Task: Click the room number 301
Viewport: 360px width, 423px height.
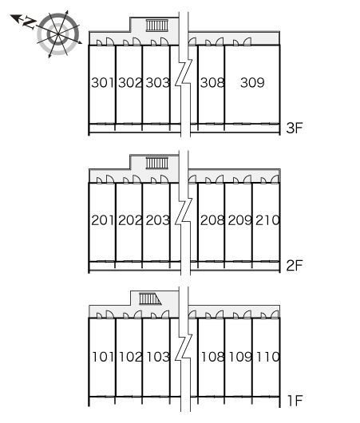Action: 102,82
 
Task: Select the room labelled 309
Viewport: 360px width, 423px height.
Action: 252,82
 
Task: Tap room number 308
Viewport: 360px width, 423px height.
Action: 212,82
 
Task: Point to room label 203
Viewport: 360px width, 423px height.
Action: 158,220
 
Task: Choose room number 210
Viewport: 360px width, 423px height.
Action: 267,220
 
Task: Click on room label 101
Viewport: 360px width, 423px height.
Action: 103,357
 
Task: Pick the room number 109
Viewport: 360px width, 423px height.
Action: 240,357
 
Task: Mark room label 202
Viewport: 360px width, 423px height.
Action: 130,220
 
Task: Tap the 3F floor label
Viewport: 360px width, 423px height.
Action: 295,128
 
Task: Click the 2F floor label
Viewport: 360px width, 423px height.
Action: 295,266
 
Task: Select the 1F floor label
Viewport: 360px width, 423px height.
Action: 295,401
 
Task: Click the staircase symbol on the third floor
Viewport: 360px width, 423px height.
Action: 157,26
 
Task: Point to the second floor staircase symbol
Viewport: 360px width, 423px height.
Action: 157,163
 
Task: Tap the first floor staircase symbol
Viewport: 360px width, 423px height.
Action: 150,299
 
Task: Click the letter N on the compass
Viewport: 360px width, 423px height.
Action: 30,22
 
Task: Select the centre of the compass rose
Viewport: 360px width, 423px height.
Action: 57,34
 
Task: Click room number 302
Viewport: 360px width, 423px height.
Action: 130,82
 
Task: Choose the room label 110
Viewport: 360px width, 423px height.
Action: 267,357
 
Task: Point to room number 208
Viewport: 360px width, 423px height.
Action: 212,220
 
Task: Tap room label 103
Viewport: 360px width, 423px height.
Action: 158,357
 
